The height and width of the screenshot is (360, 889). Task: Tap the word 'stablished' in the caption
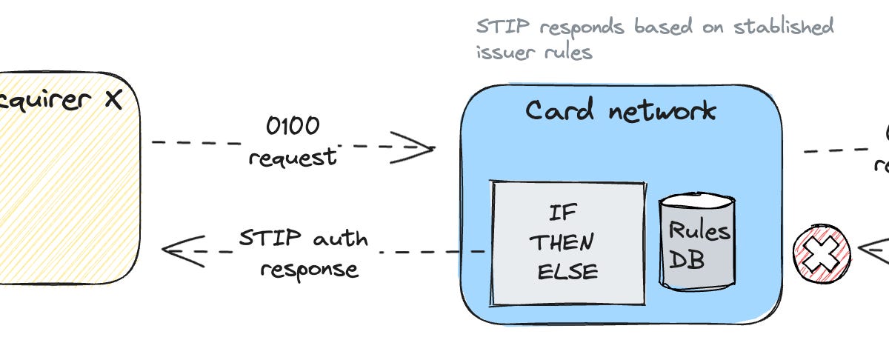[x=783, y=27]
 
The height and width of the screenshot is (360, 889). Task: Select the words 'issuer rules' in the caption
[x=533, y=53]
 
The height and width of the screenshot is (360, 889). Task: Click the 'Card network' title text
[x=621, y=111]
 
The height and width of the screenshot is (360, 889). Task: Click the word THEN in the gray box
[x=566, y=242]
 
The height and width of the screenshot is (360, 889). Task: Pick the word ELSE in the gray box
[x=567, y=271]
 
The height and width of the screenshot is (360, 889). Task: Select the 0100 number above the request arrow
[x=293, y=126]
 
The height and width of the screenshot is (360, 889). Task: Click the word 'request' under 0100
[x=292, y=157]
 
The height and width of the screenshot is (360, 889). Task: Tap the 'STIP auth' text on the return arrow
[x=303, y=239]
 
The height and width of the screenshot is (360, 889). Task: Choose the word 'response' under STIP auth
[x=310, y=269]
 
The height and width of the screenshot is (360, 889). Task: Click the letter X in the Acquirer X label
[x=113, y=100]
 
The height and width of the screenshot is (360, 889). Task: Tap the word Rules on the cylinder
[x=699, y=230]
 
